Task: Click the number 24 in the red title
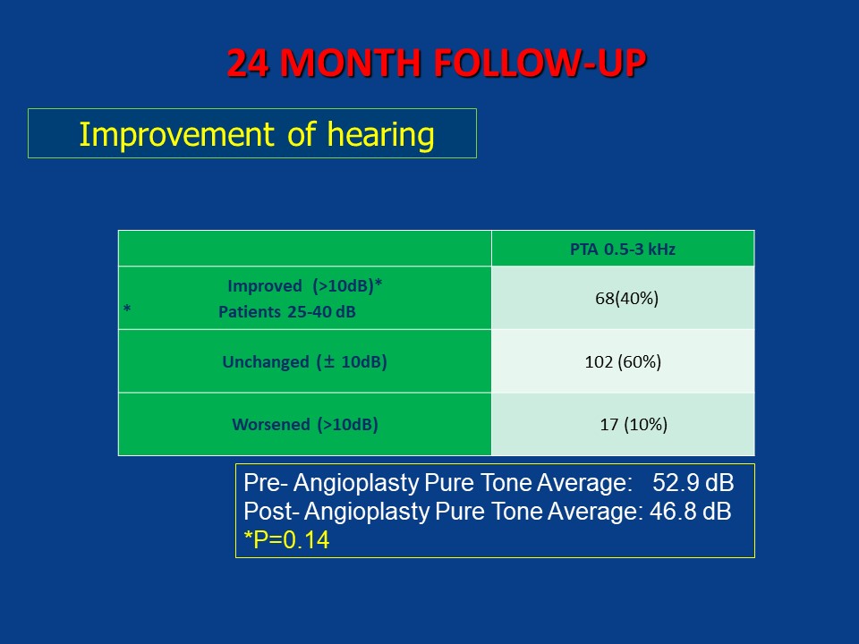click(x=248, y=63)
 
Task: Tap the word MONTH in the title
click(x=350, y=63)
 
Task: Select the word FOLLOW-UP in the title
click(x=540, y=63)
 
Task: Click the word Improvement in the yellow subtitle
click(x=176, y=135)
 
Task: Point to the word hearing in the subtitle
click(x=381, y=135)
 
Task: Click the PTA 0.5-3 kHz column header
click(x=623, y=250)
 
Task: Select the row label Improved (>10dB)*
click(x=304, y=286)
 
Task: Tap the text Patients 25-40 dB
click(x=287, y=312)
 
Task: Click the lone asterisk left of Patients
click(x=127, y=309)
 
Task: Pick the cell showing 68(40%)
click(x=626, y=299)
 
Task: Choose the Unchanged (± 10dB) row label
click(x=304, y=362)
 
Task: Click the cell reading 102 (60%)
click(x=623, y=362)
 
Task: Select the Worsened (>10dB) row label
click(x=305, y=424)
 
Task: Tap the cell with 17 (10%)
click(x=634, y=424)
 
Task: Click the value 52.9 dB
click(x=693, y=483)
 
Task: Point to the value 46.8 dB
click(x=690, y=512)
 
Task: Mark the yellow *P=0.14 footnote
click(x=286, y=540)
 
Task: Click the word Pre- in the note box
click(x=266, y=483)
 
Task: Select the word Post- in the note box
click(x=272, y=512)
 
